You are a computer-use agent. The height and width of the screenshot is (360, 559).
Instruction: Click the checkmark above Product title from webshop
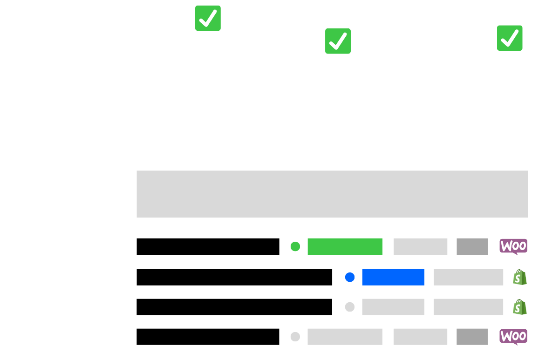[208, 18]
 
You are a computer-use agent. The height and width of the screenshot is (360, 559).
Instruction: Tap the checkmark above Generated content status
[338, 41]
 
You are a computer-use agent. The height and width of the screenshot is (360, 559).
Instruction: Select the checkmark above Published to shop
[509, 38]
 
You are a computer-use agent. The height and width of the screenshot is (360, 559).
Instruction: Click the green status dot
[295, 246]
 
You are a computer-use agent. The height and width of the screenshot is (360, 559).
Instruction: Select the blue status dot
[350, 277]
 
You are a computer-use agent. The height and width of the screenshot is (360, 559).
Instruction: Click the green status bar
[345, 246]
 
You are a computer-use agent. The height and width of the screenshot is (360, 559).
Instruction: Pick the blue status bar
[393, 277]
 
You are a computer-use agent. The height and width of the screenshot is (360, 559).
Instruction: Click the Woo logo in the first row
[513, 246]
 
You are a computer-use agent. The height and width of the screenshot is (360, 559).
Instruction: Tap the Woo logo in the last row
[513, 337]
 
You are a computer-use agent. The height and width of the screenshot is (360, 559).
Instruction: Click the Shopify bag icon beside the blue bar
[519, 278]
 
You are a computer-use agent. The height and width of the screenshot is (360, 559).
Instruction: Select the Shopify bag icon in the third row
[519, 307]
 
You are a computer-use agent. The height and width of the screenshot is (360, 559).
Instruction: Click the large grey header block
[332, 194]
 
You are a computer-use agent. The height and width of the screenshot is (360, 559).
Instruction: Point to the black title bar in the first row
[208, 246]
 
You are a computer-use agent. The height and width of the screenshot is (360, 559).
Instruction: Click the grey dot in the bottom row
[295, 337]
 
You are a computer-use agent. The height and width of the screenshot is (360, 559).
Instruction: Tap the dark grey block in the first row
[472, 246]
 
